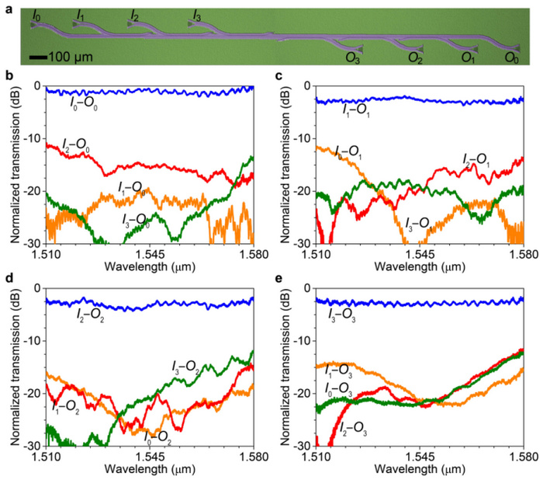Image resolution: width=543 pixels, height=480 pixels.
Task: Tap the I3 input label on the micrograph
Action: coord(199,15)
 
